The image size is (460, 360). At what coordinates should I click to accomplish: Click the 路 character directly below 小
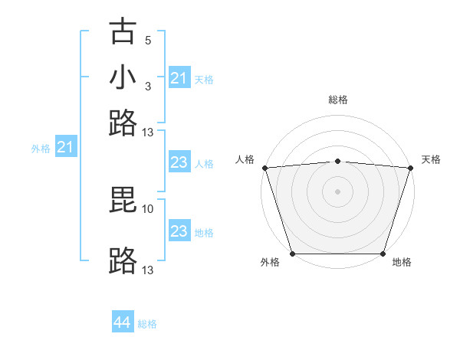tap(123, 123)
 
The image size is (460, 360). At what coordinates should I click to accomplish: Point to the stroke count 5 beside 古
tap(148, 40)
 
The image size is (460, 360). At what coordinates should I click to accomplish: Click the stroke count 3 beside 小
tap(148, 86)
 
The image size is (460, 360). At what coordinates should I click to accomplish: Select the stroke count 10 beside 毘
tap(148, 208)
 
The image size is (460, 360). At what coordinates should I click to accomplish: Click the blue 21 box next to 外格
tap(65, 148)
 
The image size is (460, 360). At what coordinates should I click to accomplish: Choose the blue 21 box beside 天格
tap(179, 78)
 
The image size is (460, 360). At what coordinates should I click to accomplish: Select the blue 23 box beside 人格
tap(179, 163)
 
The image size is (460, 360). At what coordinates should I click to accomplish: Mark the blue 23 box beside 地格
tap(179, 232)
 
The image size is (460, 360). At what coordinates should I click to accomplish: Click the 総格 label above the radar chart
tap(337, 100)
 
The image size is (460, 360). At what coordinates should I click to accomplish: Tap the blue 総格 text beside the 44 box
tap(147, 324)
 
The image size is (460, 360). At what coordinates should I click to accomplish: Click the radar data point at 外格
tap(292, 254)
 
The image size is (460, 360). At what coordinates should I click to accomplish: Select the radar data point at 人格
tap(264, 168)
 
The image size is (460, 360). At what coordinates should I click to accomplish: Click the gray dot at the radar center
tap(337, 191)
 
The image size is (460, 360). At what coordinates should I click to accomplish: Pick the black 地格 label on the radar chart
tap(402, 263)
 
